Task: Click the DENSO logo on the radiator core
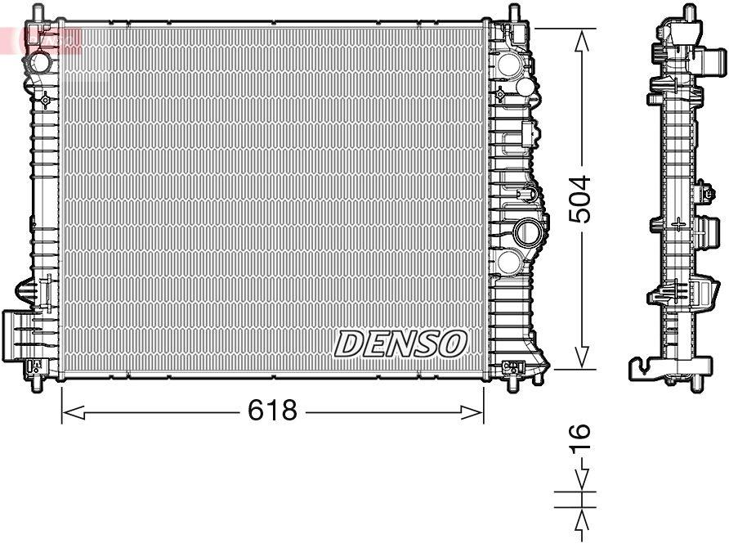click(400, 344)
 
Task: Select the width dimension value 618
click(272, 411)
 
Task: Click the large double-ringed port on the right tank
click(527, 233)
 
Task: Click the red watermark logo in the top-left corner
click(41, 37)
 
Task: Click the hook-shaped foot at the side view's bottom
click(646, 369)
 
